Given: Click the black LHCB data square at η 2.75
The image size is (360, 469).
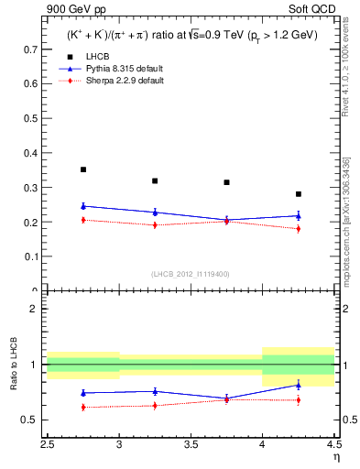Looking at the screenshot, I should pyautogui.click(x=83, y=169).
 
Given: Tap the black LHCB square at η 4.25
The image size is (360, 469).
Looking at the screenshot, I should pyautogui.click(x=299, y=194).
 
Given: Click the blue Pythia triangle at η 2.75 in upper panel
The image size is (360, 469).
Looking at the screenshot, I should pyautogui.click(x=83, y=206).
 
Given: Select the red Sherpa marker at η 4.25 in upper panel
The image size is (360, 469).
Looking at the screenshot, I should pyautogui.click(x=299, y=228).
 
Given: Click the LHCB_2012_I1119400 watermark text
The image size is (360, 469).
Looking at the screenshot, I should pyautogui.click(x=191, y=274).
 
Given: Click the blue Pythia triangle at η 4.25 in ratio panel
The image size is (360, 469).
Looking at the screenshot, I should pyautogui.click(x=299, y=385).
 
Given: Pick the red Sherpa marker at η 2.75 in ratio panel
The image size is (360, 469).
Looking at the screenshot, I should pyautogui.click(x=83, y=407).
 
